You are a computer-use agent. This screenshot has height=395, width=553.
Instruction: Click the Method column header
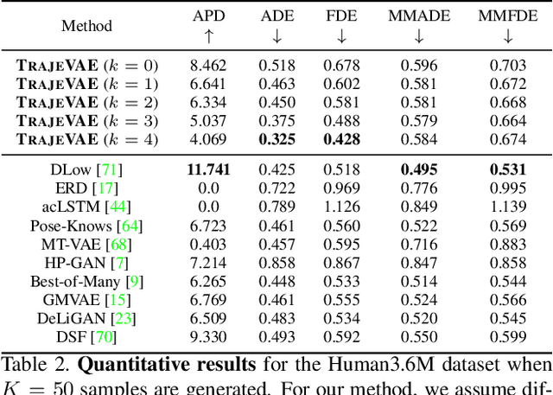tap(86, 26)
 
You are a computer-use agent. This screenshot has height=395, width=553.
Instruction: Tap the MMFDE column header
tap(507, 16)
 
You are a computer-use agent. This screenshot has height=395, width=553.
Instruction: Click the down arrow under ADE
tap(276, 37)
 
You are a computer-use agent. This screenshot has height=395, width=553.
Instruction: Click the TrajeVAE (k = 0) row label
tap(86, 65)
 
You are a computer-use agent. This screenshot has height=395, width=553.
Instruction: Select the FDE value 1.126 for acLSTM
tap(341, 207)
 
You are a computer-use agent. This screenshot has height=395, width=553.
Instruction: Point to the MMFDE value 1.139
tap(507, 207)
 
